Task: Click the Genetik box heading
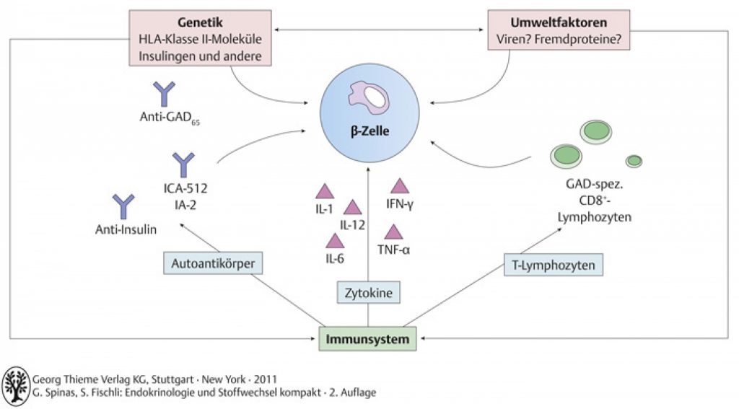click(200, 22)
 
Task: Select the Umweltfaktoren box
click(559, 30)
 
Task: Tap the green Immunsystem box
click(367, 339)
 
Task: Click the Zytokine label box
click(369, 293)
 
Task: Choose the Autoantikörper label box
click(213, 263)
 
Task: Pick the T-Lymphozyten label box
click(554, 265)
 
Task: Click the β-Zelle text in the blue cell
click(370, 131)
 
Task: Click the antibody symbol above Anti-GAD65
click(164, 93)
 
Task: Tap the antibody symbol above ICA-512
click(183, 165)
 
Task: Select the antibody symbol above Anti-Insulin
click(123, 206)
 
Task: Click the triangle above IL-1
click(324, 191)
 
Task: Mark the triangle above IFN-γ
click(400, 185)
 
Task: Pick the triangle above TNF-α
click(393, 232)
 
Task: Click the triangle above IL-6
click(335, 240)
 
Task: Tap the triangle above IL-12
click(352, 207)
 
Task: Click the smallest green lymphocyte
click(634, 161)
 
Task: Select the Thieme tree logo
click(16, 386)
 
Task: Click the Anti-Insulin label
click(126, 229)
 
